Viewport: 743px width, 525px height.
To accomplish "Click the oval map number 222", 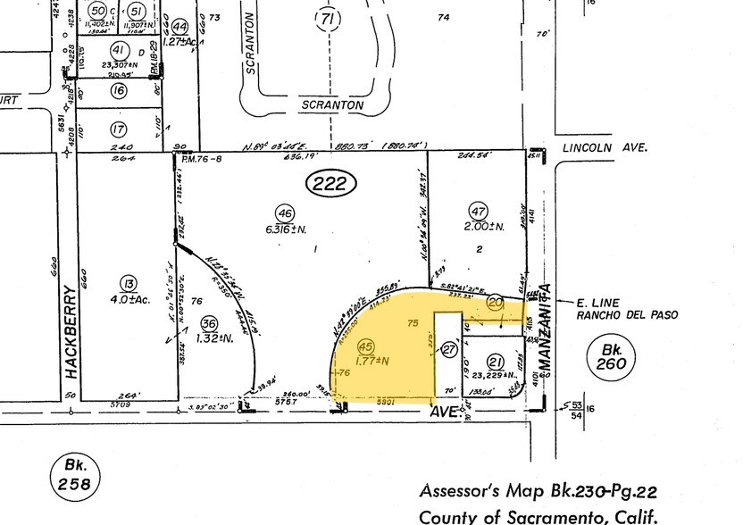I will coord(331,185).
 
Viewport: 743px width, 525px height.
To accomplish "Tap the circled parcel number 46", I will coord(285,212).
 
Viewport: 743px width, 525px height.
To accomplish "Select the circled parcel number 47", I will coord(479,211).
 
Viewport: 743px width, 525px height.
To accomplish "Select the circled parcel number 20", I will coord(497,304).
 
